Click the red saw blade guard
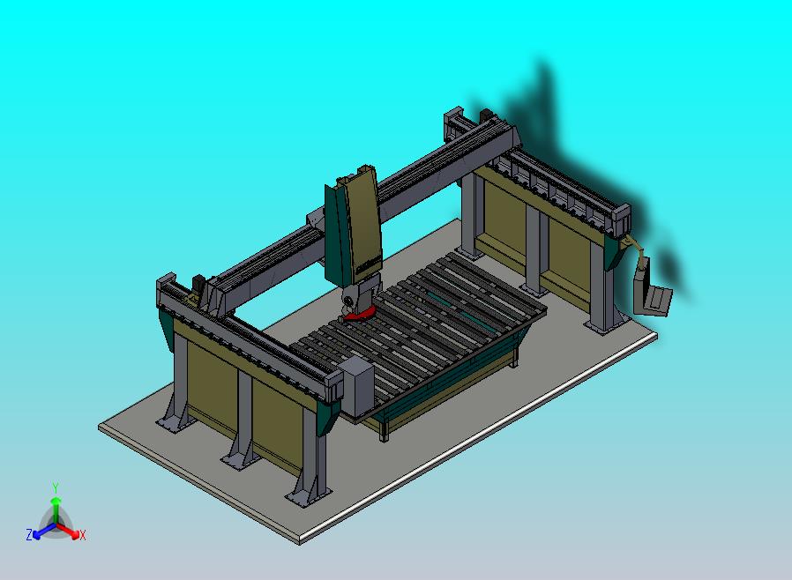360,314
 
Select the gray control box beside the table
356,385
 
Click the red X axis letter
82,535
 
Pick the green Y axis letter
56,487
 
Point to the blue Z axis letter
29,534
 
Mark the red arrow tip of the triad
73,532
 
